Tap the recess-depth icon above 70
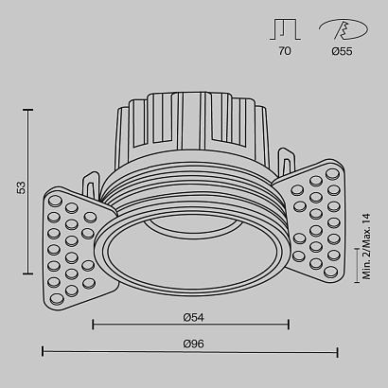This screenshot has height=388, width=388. click(x=285, y=29)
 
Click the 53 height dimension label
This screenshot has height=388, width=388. click(x=20, y=188)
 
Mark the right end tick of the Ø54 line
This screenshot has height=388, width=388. click(x=289, y=325)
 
